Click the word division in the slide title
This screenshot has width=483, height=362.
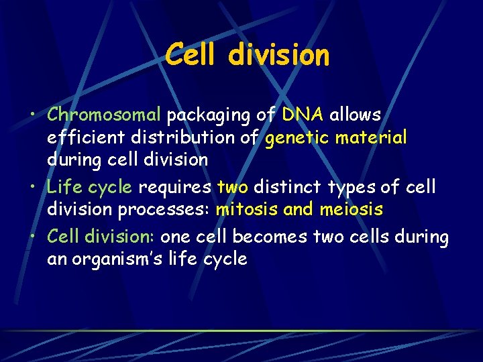[x=278, y=55]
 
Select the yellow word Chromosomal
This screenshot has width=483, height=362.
[x=104, y=115]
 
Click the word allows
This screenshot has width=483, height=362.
[x=355, y=115]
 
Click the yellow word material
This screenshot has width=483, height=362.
[x=372, y=137]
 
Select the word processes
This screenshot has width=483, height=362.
[x=164, y=210]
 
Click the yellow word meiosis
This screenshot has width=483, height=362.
[x=352, y=209]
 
